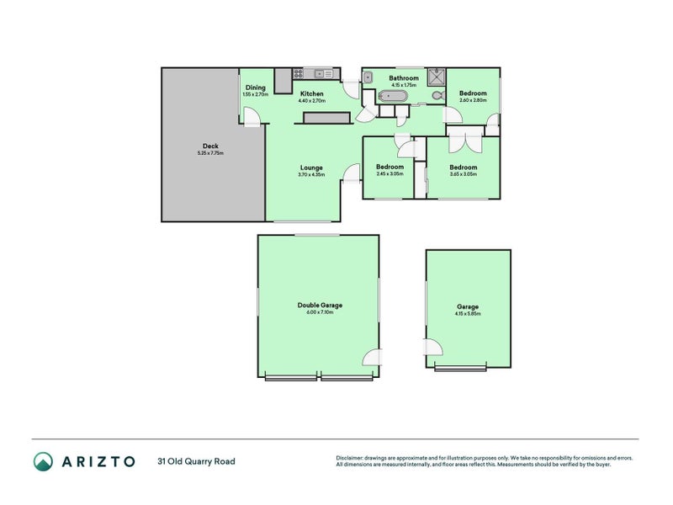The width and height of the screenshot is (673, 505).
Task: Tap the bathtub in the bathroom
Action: coord(393,97)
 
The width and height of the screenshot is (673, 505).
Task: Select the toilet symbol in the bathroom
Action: coord(437,97)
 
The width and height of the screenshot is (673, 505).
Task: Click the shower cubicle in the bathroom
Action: coord(437,77)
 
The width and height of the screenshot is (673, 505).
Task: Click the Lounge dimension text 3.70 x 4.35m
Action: coord(311,174)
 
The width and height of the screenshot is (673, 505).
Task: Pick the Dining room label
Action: coord(256,88)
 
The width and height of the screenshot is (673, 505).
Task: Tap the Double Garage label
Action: coord(319,306)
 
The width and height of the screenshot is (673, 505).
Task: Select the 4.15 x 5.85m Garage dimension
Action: coord(469,314)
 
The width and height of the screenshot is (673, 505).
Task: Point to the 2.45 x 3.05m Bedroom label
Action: coord(389,167)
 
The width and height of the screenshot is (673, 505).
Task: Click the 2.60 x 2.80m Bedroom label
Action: coord(472,93)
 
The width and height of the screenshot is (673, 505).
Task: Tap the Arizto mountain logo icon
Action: coord(43,461)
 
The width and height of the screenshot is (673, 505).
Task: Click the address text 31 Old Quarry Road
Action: coord(196,461)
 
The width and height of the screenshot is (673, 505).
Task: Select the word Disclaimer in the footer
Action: coord(350,458)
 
